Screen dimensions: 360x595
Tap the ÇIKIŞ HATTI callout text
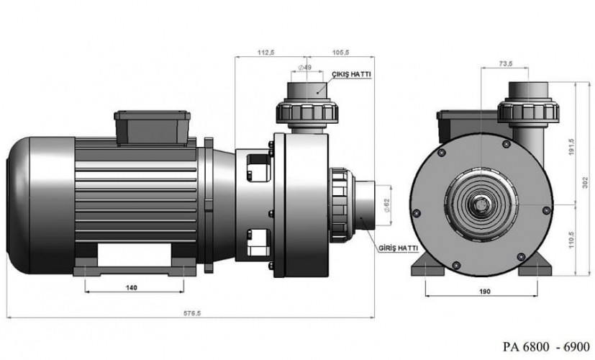click(352, 74)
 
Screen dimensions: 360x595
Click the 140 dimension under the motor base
click(131, 287)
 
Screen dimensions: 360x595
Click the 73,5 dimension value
click(505, 64)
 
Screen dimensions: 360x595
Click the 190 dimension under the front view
click(484, 291)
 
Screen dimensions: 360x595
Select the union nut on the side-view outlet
click(307, 112)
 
